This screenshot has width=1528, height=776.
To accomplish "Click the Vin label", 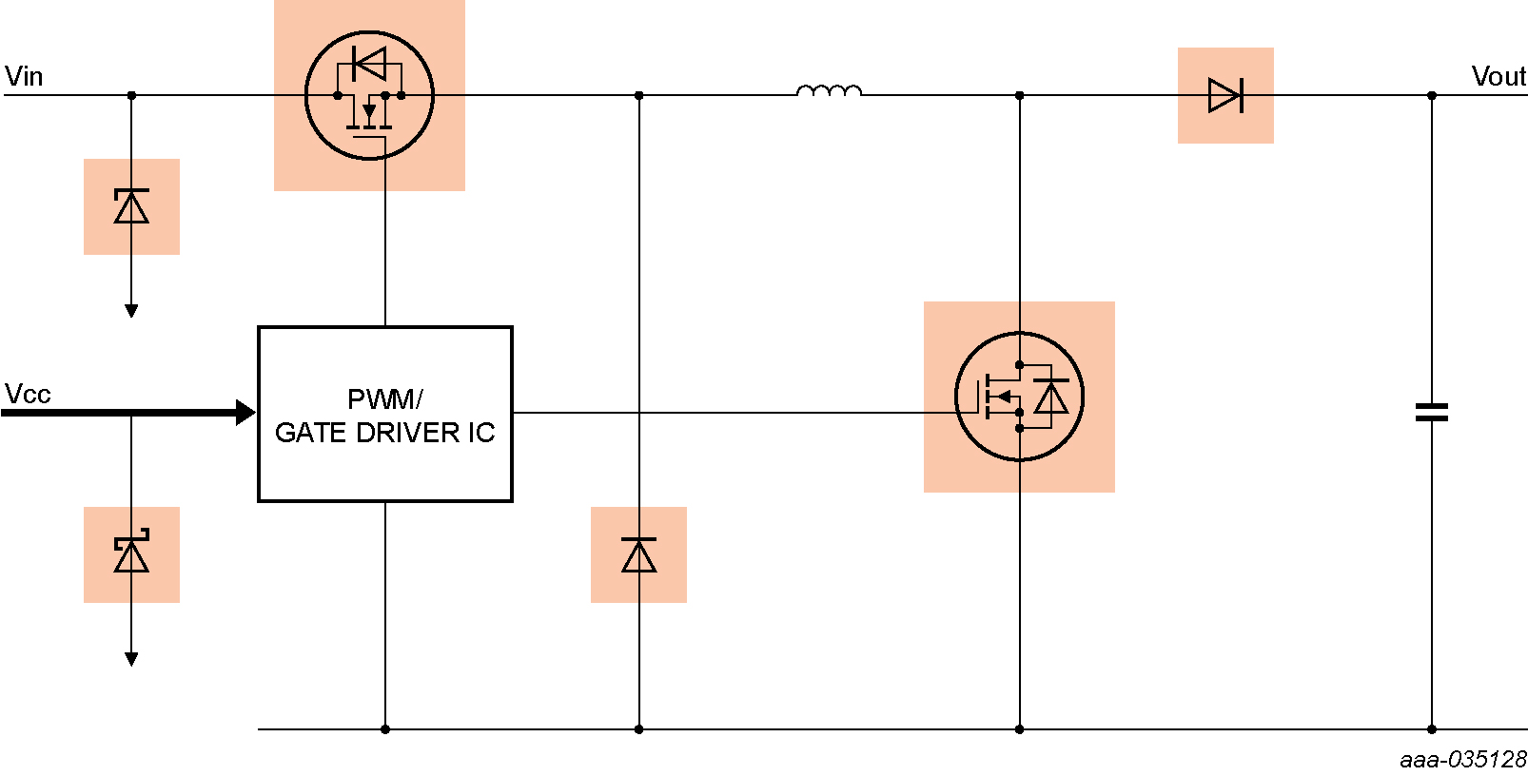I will (24, 76).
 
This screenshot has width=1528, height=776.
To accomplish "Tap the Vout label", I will (1499, 76).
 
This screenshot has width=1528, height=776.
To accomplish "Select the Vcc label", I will (28, 394).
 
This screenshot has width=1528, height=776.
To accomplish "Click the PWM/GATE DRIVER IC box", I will (385, 415).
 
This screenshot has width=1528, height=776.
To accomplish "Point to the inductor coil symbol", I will (829, 91).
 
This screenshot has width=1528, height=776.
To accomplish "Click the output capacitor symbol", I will (1431, 412).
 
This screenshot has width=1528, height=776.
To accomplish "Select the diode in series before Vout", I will (1225, 95).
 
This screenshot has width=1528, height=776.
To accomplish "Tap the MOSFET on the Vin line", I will (369, 95).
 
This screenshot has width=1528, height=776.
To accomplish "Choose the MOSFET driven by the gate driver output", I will (1019, 397).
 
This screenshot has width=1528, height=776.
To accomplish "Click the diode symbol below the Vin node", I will (131, 206).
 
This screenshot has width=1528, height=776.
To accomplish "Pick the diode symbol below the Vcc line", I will (131, 554).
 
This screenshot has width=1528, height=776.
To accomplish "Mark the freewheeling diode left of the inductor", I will (638, 554).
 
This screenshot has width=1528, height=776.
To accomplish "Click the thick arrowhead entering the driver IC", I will (245, 412).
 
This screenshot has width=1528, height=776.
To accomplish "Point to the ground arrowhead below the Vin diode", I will (131, 311).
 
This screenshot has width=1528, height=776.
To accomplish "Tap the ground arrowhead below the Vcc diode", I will (131, 659).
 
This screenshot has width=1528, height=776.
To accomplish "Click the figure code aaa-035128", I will (1462, 759).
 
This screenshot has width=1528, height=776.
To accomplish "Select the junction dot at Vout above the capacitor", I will (1431, 95).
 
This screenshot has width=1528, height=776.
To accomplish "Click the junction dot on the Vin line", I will (131, 95).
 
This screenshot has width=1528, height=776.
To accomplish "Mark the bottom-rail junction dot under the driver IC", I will (385, 729).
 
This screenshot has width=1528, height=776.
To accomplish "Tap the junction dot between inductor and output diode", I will (1019, 95).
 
